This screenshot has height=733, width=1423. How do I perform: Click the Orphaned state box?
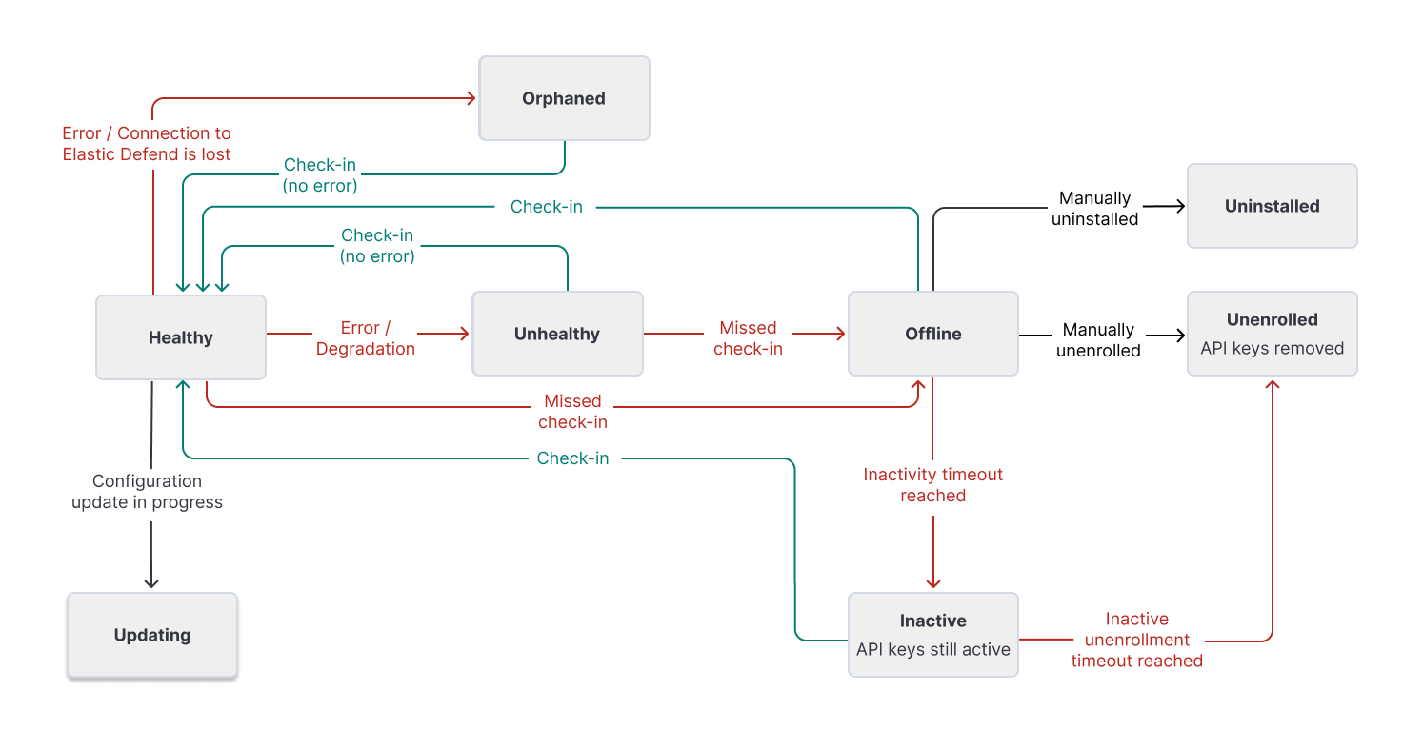pyautogui.click(x=564, y=98)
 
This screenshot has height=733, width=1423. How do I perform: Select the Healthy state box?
pyautogui.click(x=180, y=337)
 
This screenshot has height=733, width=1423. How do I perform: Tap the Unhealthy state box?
pyautogui.click(x=557, y=334)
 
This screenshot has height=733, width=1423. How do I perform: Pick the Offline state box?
pyautogui.click(x=932, y=334)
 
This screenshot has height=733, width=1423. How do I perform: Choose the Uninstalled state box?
pyautogui.click(x=1272, y=206)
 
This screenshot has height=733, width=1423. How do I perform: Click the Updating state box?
pyautogui.click(x=151, y=635)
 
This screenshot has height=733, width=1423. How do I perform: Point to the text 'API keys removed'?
pyautogui.click(x=1272, y=348)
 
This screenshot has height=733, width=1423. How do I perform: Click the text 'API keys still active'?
pyautogui.click(x=932, y=649)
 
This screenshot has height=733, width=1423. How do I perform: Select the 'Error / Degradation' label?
pyautogui.click(x=366, y=338)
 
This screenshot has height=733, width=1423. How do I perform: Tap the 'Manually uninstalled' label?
pyautogui.click(x=1094, y=209)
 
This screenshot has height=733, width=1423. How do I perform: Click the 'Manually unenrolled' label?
pyautogui.click(x=1098, y=340)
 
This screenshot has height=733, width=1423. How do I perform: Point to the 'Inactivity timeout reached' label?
pyautogui.click(x=932, y=485)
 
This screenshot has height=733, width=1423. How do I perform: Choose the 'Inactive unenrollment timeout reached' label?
pyautogui.click(x=1136, y=640)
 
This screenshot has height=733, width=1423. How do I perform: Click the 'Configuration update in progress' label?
pyautogui.click(x=147, y=492)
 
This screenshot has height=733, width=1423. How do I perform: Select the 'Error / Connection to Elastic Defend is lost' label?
pyautogui.click(x=147, y=144)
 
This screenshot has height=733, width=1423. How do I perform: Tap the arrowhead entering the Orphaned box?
pyautogui.click(x=471, y=97)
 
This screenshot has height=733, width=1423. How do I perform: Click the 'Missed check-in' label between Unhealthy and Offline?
pyautogui.click(x=748, y=338)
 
